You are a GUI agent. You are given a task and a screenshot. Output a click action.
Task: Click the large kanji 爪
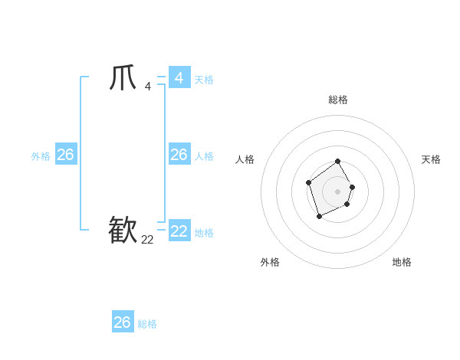[x=123, y=78]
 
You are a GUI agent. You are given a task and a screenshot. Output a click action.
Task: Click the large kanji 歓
[x=123, y=230]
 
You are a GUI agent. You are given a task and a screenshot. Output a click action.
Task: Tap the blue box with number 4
[x=179, y=78]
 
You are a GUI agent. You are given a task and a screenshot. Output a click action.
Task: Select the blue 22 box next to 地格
[x=179, y=231]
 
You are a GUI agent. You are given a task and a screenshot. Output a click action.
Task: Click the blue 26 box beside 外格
[x=65, y=155]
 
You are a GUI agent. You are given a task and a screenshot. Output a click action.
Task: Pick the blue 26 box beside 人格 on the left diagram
[x=179, y=155]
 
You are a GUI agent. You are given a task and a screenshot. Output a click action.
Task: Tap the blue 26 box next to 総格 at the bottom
[x=123, y=322]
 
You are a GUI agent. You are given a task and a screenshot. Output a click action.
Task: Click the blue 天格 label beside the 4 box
[x=204, y=80]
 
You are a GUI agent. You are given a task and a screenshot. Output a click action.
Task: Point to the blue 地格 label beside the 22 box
[x=204, y=233]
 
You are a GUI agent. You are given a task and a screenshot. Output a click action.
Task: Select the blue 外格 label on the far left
[x=41, y=156]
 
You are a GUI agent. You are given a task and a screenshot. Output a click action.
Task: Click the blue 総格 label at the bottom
[x=147, y=324]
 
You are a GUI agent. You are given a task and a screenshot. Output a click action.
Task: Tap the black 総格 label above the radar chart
[x=338, y=100]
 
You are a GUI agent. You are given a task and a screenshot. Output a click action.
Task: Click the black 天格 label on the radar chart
[x=431, y=159]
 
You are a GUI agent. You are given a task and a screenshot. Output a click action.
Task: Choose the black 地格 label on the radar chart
[x=402, y=262]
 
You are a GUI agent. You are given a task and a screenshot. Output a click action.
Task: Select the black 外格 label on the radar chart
[x=270, y=262]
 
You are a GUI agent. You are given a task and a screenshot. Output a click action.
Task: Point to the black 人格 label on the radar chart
[x=245, y=159]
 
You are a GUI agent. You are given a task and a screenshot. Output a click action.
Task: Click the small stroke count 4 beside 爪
[x=148, y=87]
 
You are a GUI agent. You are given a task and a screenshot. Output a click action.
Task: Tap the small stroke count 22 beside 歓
[x=147, y=240]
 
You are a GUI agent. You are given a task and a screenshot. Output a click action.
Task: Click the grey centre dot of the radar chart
[x=338, y=191]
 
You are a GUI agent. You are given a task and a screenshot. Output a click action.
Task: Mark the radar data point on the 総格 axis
[x=338, y=162]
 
